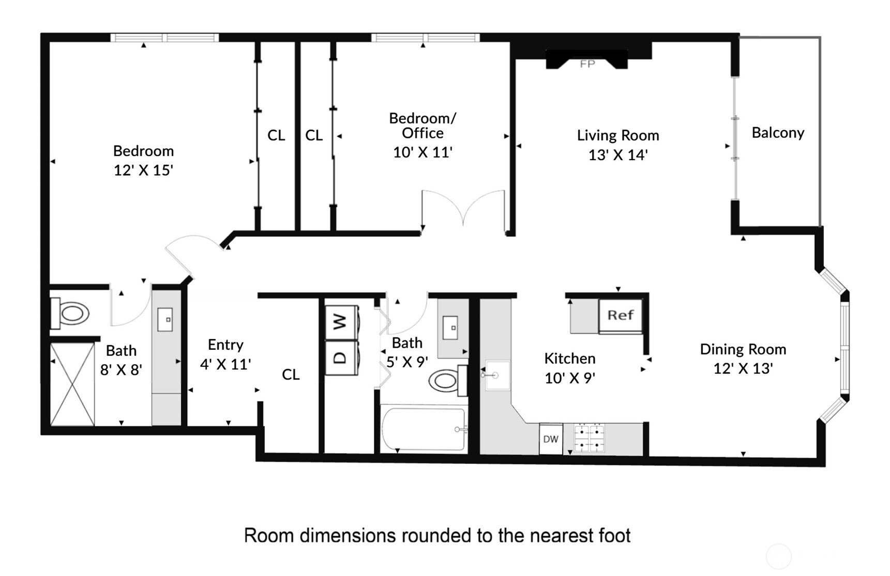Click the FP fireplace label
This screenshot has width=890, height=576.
[x=587, y=64]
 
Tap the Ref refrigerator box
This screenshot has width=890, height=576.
[x=620, y=315]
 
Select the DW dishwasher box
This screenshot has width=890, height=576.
[x=551, y=439]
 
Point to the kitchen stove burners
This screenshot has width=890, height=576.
[x=590, y=438]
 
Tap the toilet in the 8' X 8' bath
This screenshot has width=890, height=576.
[x=71, y=314]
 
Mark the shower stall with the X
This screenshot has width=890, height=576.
[x=72, y=384]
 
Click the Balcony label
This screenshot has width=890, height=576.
[x=778, y=133]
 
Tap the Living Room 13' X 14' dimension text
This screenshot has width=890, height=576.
[x=618, y=155]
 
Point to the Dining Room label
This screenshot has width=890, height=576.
[x=743, y=349]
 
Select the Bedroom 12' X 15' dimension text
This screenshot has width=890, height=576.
[x=143, y=170]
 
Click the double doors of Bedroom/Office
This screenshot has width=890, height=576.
[x=463, y=209]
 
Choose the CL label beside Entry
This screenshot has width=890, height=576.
[x=291, y=375]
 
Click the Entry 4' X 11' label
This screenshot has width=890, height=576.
[x=225, y=354]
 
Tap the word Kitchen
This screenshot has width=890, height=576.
[x=569, y=359]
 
